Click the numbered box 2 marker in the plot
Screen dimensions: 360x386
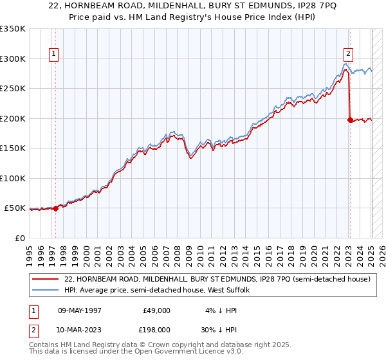(348, 55)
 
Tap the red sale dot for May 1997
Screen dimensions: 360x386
(55, 208)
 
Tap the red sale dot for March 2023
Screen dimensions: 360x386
(349, 119)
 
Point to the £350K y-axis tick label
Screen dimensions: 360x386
(13, 29)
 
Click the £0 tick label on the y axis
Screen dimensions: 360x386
(21, 238)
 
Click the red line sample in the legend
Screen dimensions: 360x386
(46, 280)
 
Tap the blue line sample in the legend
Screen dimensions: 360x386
(46, 291)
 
